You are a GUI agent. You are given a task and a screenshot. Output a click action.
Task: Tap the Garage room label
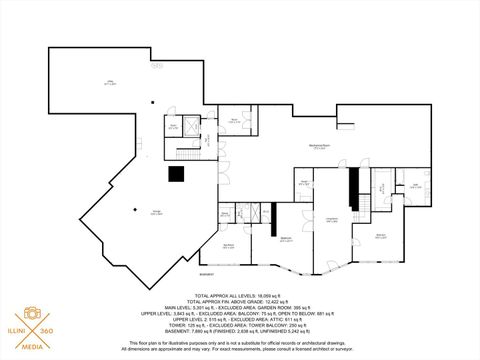(x=129, y=211)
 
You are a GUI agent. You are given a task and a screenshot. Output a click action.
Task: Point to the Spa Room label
(x=229, y=246)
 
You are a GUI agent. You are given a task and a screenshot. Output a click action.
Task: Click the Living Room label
(x=331, y=219)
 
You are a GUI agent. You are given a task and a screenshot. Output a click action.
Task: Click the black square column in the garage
(x=176, y=174)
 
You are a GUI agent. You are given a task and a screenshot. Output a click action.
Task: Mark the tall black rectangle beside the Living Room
(x=352, y=187)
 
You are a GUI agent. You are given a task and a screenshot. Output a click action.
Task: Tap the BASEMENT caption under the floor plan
(x=236, y=273)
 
